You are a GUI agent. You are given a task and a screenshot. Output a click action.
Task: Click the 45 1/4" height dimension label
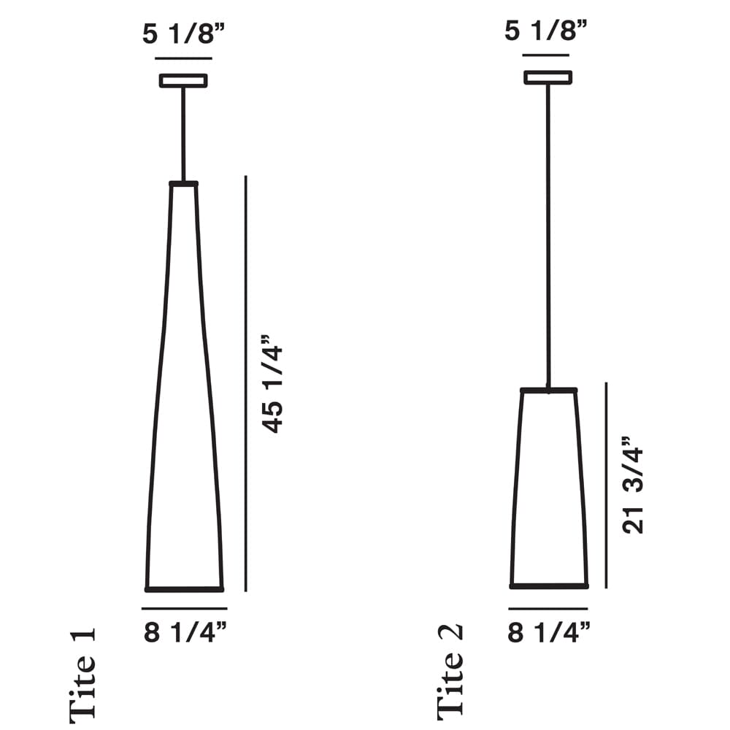pyautogui.click(x=272, y=384)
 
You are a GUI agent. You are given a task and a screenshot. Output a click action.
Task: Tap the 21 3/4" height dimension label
pyautogui.click(x=633, y=486)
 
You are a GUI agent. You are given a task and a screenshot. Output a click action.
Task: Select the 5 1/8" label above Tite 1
pyautogui.click(x=183, y=34)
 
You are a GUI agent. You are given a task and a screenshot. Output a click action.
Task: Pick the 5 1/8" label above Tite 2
pyautogui.click(x=547, y=32)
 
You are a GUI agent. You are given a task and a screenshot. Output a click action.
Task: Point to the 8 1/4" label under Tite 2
pyautogui.click(x=549, y=633)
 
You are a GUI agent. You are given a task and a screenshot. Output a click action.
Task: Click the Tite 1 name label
pyautogui.click(x=82, y=674)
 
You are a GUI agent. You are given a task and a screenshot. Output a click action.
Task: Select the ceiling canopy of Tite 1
pyautogui.click(x=183, y=80)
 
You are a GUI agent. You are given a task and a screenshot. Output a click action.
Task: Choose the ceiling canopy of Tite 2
pyautogui.click(x=547, y=77)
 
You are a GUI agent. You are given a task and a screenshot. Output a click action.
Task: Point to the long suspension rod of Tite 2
pyautogui.click(x=547, y=234)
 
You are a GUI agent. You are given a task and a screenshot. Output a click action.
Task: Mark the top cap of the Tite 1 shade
pyautogui.click(x=183, y=184)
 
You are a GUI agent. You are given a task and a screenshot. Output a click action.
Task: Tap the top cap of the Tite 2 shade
pyautogui.click(x=548, y=391)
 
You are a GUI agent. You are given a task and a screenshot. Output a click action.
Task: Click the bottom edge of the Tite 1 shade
pyautogui.click(x=185, y=588)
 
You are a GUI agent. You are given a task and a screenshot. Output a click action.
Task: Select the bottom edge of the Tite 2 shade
pyautogui.click(x=549, y=585)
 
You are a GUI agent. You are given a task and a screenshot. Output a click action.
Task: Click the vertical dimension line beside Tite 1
pyautogui.click(x=246, y=383)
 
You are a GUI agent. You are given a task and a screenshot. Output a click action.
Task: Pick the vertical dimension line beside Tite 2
pyautogui.click(x=606, y=485)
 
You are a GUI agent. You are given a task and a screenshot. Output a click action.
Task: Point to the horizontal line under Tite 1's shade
pyautogui.click(x=185, y=608)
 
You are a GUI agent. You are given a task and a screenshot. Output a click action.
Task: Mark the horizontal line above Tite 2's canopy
pyautogui.click(x=547, y=55)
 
